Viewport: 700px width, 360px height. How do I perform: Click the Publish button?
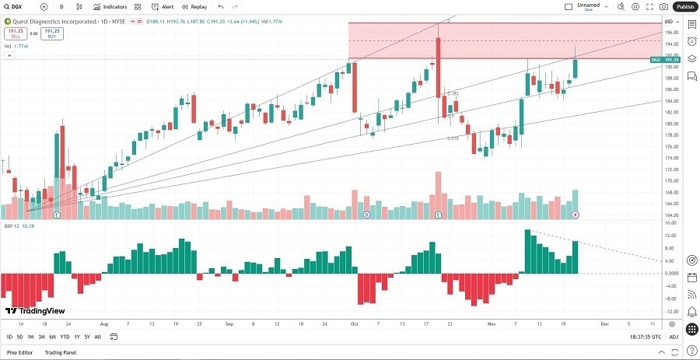point(684,6)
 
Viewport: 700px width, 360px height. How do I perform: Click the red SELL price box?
point(16,33)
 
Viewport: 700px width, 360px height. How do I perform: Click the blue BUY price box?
point(52,33)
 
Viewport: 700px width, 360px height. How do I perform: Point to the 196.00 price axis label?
point(671,32)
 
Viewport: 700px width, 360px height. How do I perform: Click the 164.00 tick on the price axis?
point(671,215)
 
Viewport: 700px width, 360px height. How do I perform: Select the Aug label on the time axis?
point(104,323)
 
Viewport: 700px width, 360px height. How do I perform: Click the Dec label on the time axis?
point(604,323)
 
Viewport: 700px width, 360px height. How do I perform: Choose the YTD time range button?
point(65,337)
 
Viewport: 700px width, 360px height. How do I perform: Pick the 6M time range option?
point(52,337)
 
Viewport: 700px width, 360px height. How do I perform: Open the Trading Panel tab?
point(60,353)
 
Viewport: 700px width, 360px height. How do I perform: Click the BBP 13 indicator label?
point(10,226)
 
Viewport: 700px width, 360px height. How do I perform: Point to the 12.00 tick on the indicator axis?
point(671,236)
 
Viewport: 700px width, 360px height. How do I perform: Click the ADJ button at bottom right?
point(673,337)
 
